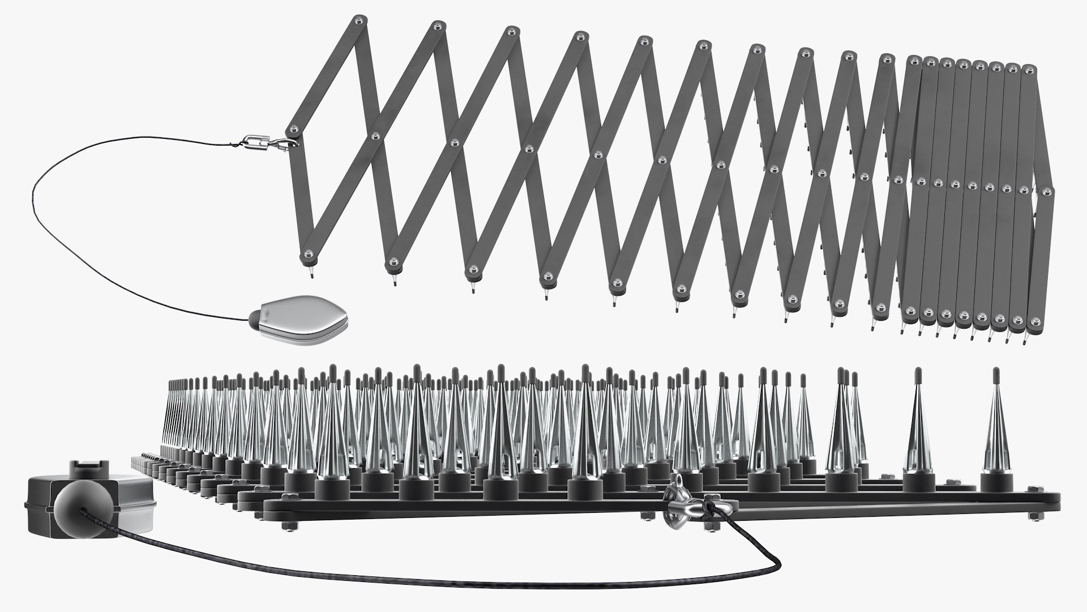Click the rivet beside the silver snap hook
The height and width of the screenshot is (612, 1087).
[293, 129]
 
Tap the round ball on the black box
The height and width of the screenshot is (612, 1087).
[74, 506]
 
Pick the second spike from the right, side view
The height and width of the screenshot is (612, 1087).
[918, 431]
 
